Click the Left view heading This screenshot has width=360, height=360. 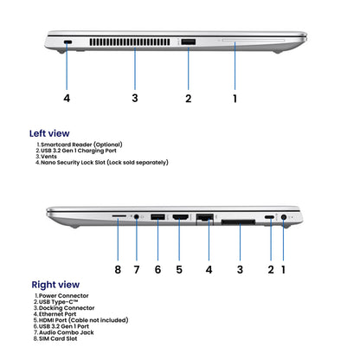49,133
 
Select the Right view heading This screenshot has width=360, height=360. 55,285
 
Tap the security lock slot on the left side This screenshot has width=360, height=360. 68,42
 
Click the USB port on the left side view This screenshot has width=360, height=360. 189,42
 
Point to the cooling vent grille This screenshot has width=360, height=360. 130,42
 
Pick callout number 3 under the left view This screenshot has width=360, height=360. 135,98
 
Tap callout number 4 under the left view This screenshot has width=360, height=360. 67,98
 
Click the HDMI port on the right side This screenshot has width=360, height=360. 181,217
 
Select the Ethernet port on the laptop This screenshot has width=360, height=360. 205,217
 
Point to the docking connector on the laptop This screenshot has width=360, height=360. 238,222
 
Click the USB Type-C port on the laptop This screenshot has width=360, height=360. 269,217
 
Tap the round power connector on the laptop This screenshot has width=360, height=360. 284,217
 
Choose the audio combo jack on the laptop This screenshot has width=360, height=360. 136,216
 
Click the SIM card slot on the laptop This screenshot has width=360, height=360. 119,215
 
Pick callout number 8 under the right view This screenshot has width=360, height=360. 118,270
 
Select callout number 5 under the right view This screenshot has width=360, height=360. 179,270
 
